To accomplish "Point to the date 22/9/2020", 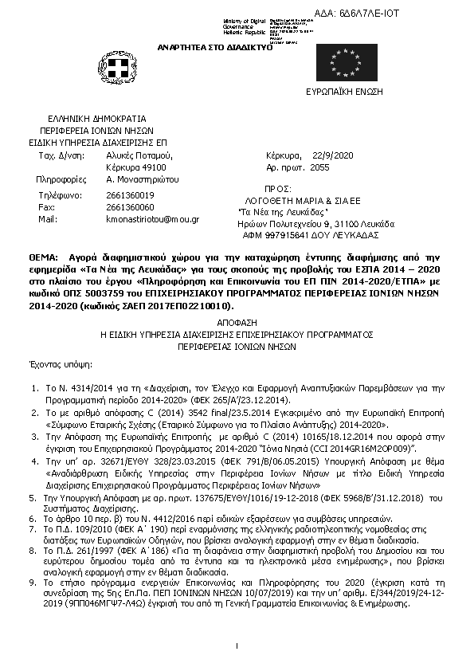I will click(331, 155).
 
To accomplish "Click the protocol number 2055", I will click(319, 168).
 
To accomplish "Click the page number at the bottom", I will click(237, 645).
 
